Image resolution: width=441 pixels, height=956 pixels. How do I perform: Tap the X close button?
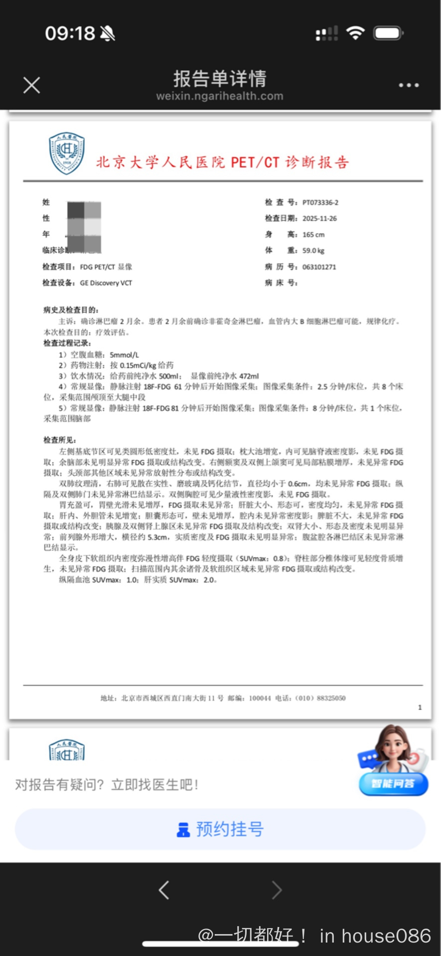[x=32, y=85]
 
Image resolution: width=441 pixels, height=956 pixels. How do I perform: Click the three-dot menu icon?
[x=409, y=85]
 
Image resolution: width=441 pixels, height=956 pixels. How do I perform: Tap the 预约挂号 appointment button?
[x=220, y=829]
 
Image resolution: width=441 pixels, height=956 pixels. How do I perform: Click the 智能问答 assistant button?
[x=393, y=783]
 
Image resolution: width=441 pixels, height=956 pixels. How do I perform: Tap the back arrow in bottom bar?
[x=164, y=890]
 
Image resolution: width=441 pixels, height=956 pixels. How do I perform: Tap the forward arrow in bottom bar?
[x=277, y=890]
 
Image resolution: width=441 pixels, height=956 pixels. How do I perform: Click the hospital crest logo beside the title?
[x=67, y=153]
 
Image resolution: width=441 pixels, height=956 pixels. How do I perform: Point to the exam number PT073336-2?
[x=320, y=202]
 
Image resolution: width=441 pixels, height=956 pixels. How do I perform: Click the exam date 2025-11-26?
[x=319, y=218]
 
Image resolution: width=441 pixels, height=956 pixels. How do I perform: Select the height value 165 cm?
[x=313, y=234]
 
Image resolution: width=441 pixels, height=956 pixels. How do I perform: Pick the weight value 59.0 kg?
[x=313, y=250]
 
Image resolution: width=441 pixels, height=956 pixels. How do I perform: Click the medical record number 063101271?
[x=319, y=267]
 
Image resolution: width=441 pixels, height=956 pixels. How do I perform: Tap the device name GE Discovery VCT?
[x=106, y=283]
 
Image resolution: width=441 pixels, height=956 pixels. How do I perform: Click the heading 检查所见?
[x=60, y=440]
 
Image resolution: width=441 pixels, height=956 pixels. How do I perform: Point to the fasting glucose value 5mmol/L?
[x=125, y=355]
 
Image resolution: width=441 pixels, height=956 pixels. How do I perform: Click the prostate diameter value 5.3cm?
[x=157, y=537]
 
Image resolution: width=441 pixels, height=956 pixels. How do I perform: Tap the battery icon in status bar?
[x=389, y=33]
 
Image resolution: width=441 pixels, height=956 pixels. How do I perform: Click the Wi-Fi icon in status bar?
[x=355, y=33]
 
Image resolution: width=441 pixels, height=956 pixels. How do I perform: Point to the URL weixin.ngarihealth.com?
[x=220, y=96]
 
